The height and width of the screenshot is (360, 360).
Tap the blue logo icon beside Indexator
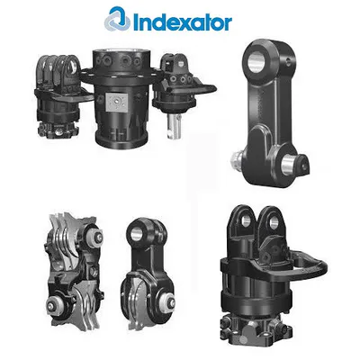pyautogui.click(x=120, y=19)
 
